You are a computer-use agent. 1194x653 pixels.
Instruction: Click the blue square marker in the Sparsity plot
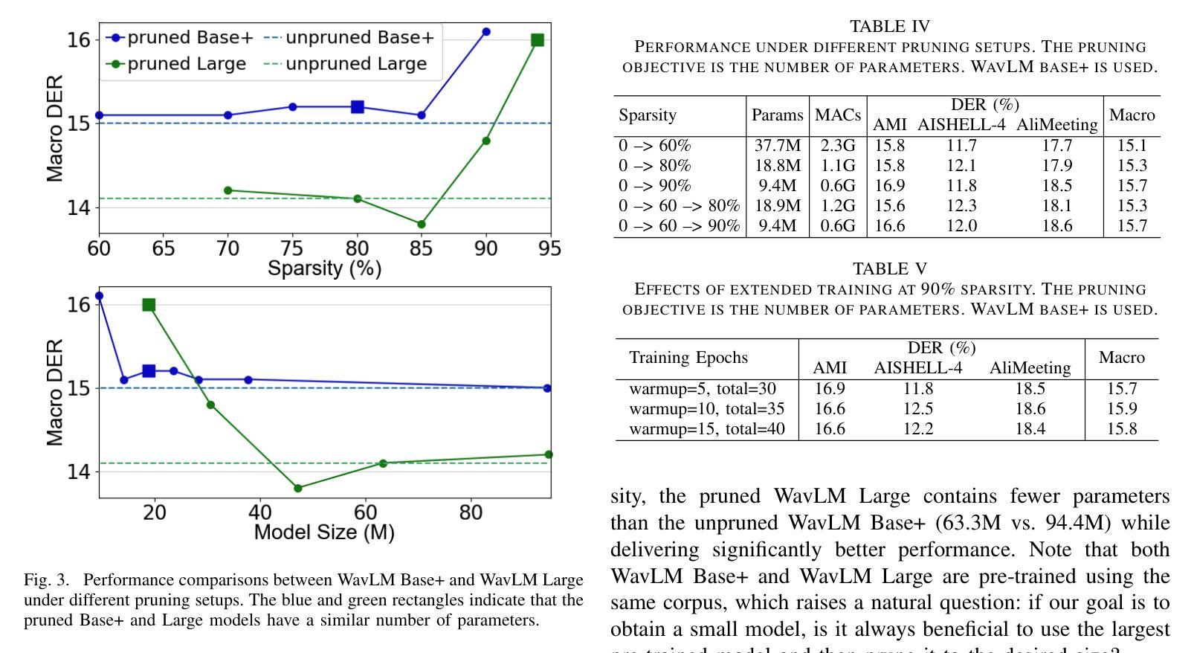358,107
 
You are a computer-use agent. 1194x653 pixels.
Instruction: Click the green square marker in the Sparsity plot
538,40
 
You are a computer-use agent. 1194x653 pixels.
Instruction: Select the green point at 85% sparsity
422,224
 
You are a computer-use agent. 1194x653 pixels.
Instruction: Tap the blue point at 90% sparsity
486,32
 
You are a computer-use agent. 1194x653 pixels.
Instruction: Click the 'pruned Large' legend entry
178,64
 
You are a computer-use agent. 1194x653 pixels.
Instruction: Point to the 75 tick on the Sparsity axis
292,248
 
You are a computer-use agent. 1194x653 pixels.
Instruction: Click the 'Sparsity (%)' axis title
325,268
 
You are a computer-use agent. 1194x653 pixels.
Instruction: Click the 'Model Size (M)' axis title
324,533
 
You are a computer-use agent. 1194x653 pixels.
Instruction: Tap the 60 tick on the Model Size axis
365,512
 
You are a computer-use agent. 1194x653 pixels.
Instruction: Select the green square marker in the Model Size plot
149,305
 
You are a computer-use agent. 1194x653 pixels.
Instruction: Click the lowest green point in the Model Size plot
298,489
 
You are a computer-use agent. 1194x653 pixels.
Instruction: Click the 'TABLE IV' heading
889,27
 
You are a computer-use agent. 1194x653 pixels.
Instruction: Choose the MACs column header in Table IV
837,115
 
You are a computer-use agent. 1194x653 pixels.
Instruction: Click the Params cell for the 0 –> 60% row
776,146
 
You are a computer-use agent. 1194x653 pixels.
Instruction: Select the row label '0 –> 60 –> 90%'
679,225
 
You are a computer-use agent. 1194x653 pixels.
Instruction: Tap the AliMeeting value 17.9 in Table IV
1056,166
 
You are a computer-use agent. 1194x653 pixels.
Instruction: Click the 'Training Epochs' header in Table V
688,358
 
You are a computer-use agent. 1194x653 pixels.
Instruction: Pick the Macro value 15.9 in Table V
1121,409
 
